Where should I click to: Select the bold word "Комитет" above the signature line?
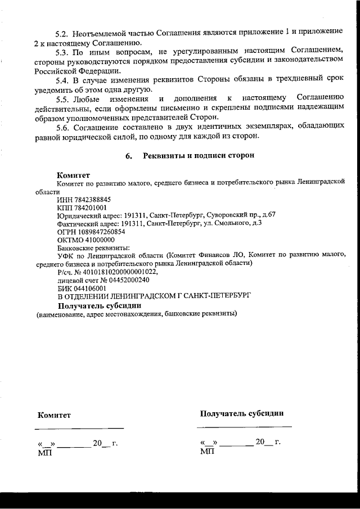[55, 416]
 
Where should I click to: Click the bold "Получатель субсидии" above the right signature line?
[242, 413]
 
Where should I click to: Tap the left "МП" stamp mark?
[44, 453]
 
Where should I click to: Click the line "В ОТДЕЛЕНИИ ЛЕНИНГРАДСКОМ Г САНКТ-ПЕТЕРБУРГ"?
[154, 295]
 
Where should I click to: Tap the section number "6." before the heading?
[129, 156]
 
